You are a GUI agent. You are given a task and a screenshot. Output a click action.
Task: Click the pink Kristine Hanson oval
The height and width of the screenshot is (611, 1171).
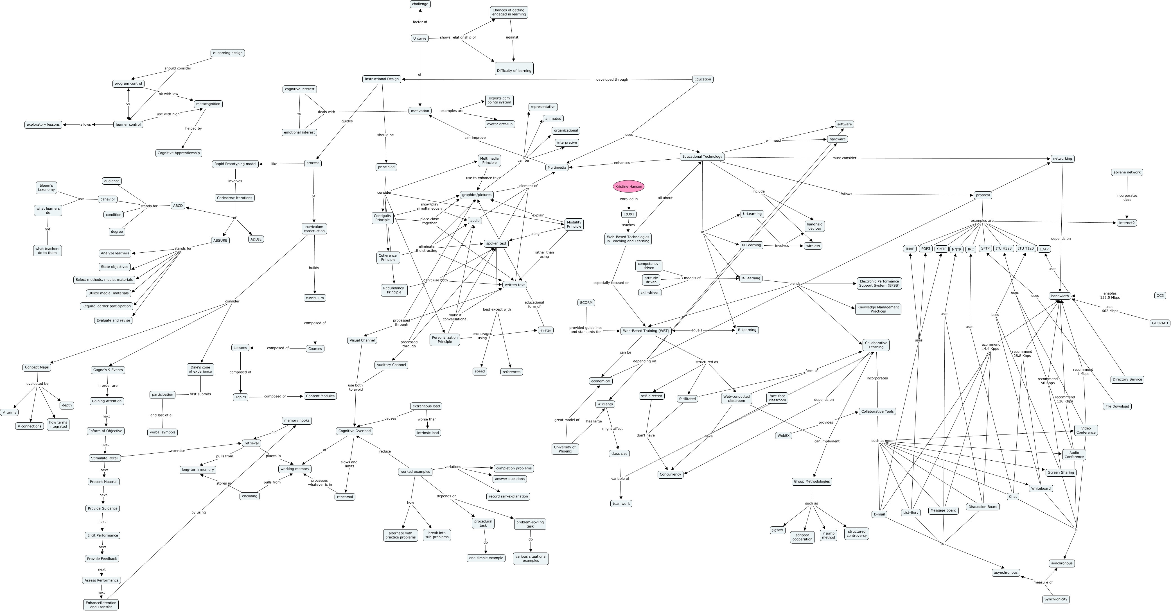pyautogui.click(x=629, y=186)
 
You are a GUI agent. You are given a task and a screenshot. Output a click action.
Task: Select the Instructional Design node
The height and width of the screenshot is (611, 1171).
pyautogui.click(x=382, y=79)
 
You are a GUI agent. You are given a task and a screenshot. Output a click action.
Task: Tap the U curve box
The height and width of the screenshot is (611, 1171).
pyautogui.click(x=419, y=38)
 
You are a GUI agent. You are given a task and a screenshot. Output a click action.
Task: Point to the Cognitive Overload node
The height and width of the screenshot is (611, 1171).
pyautogui.click(x=354, y=431)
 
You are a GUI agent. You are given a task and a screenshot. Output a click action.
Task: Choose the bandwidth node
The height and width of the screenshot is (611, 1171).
pyautogui.click(x=1060, y=296)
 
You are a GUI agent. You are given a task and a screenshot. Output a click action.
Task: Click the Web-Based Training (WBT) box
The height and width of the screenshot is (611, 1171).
pyautogui.click(x=646, y=331)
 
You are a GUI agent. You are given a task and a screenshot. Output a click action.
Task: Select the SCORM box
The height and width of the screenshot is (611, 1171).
pyautogui.click(x=586, y=302)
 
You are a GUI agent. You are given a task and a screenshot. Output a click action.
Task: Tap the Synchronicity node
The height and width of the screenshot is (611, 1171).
pyautogui.click(x=1055, y=599)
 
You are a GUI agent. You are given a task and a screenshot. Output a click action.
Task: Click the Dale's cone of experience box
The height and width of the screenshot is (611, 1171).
pyautogui.click(x=200, y=369)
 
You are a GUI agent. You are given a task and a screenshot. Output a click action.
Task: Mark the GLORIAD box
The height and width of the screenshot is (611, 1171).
pyautogui.click(x=1159, y=323)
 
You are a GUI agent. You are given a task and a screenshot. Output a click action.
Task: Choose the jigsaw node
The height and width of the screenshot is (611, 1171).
pyautogui.click(x=778, y=530)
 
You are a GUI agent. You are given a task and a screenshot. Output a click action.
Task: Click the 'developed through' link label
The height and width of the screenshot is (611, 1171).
pyautogui.click(x=612, y=80)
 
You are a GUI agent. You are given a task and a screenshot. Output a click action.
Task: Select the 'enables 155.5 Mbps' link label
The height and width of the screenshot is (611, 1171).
pyautogui.click(x=1110, y=295)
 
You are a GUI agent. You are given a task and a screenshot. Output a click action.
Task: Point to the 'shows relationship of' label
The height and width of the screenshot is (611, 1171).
pyautogui.click(x=457, y=37)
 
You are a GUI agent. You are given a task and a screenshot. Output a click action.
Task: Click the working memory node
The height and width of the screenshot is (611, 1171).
pyautogui.click(x=295, y=469)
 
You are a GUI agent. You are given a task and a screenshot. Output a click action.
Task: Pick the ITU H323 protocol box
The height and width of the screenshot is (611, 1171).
pyautogui.click(x=1003, y=248)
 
